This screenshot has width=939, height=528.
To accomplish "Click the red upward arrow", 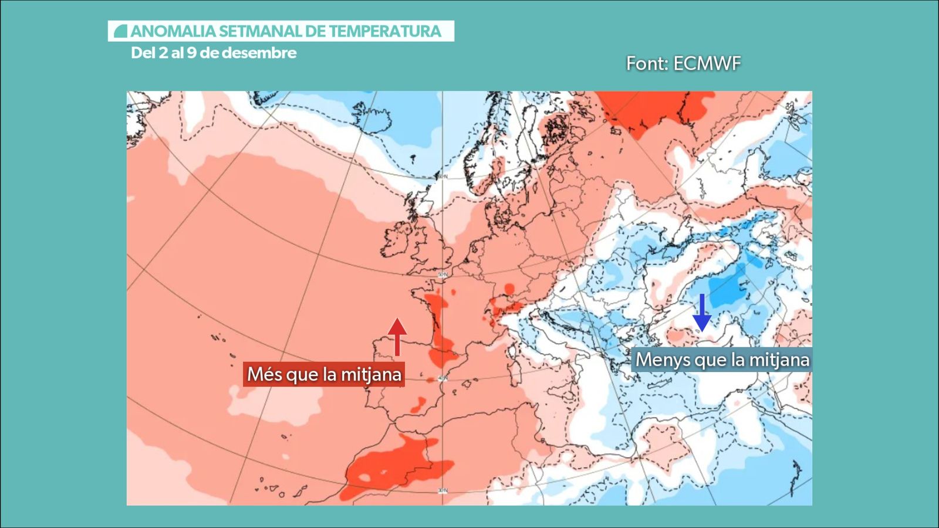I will tap(397, 336).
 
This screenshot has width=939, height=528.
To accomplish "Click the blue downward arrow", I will tap(701, 313).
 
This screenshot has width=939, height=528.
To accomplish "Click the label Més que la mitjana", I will tap(324, 374).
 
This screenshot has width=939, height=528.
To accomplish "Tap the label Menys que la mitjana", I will tap(722, 360).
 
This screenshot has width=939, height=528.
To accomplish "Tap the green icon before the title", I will tap(120, 31).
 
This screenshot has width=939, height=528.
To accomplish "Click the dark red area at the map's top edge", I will tap(651, 109).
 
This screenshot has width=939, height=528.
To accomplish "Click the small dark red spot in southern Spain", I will tap(420, 404).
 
